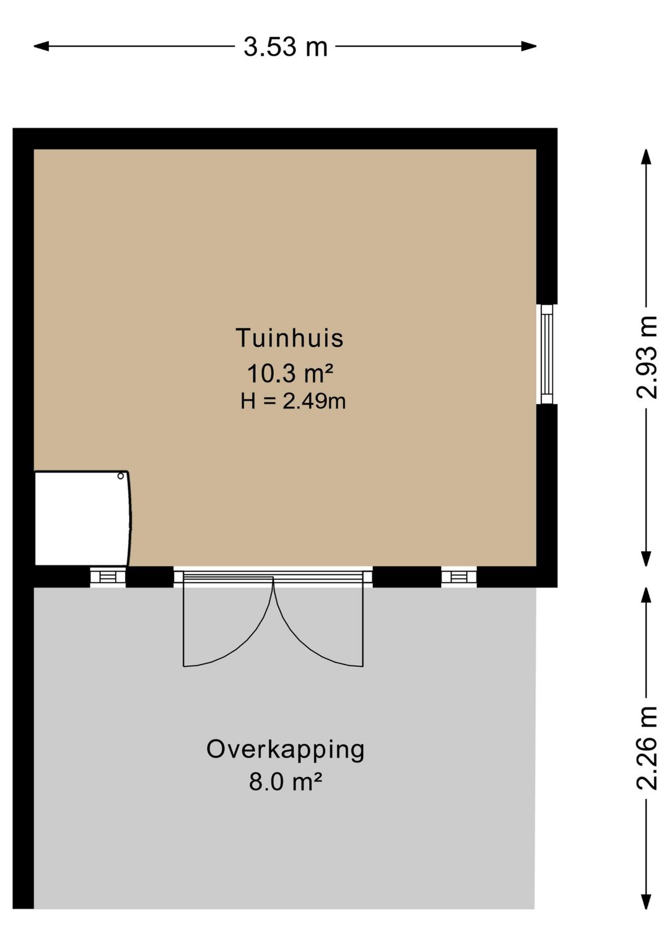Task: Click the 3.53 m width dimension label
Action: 286,46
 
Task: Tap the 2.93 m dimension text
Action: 646,357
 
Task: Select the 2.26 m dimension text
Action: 646,748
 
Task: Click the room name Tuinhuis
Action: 289,338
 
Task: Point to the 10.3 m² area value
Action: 291,373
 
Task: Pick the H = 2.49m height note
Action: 293,401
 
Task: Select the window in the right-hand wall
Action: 547,354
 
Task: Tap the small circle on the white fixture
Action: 121,476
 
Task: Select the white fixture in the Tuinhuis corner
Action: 83,519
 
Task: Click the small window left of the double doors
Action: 108,577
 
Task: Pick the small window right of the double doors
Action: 459,577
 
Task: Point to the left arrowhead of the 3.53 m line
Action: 42,46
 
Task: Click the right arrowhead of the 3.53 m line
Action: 529,46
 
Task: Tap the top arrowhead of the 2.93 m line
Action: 646,157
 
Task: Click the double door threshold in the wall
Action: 273,577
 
